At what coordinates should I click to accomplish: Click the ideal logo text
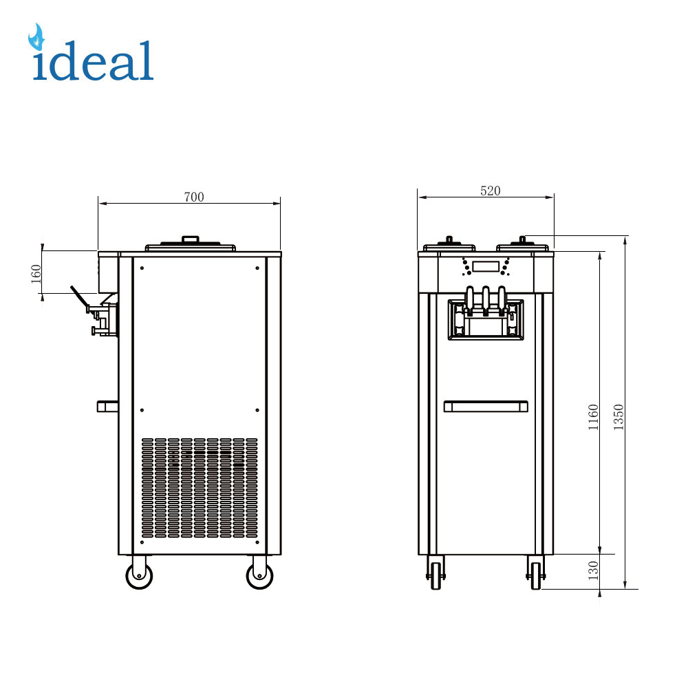pyautogui.click(x=93, y=61)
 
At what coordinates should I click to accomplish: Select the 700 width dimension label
pyautogui.click(x=194, y=197)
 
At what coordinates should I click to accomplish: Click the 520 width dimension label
pyautogui.click(x=490, y=191)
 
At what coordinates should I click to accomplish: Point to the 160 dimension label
pyautogui.click(x=36, y=274)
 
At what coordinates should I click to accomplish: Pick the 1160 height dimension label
pyautogui.click(x=593, y=417)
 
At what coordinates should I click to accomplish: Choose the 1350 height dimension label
pyautogui.click(x=619, y=417)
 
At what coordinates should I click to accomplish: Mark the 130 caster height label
pyautogui.click(x=593, y=570)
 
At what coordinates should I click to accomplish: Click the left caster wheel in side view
pyautogui.click(x=139, y=575)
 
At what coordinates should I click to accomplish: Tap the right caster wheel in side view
pyautogui.click(x=259, y=575)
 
